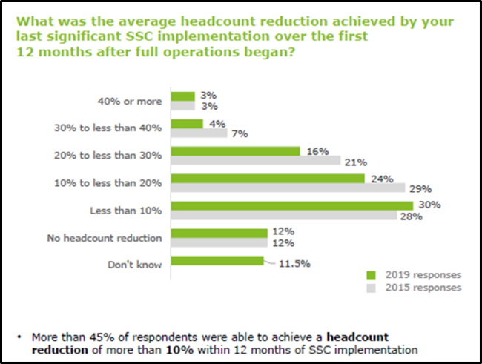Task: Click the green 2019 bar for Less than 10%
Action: (x=292, y=205)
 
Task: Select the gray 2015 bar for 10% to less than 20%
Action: (x=288, y=188)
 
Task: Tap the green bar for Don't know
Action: (x=217, y=260)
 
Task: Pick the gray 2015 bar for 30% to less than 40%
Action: (x=199, y=133)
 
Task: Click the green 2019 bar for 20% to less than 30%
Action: (x=236, y=150)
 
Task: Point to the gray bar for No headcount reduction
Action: (x=219, y=242)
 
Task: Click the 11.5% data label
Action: (x=295, y=262)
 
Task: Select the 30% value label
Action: (x=426, y=205)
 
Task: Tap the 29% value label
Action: (x=418, y=188)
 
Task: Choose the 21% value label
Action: (x=353, y=162)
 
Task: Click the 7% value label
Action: (x=238, y=134)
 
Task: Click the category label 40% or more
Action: (x=131, y=101)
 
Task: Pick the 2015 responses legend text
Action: (x=424, y=286)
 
